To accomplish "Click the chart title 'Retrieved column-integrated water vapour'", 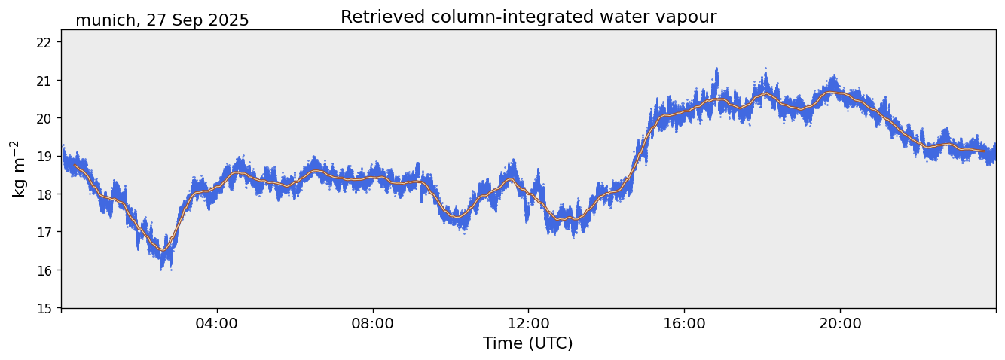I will pyautogui.click(x=528, y=17).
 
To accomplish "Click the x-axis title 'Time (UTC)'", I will pyautogui.click(x=528, y=343).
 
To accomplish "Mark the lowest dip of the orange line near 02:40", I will pyautogui.click(x=163, y=250).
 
